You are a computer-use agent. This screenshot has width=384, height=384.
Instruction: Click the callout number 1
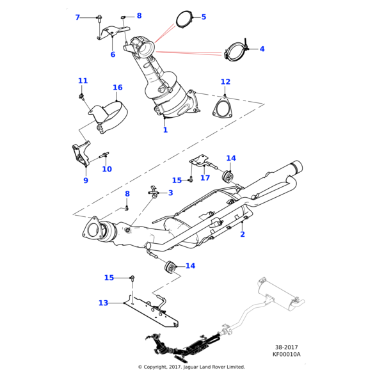165,130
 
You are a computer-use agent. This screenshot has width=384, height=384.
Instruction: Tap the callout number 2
243,235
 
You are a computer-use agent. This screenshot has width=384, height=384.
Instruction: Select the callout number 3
171,193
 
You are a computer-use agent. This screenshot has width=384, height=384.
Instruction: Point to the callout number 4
262,49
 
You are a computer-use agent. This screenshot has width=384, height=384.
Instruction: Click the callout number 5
204,17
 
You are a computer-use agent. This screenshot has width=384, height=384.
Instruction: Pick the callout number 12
225,82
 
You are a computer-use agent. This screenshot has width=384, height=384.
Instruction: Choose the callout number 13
104,303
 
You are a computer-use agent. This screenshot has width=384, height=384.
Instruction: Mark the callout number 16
118,88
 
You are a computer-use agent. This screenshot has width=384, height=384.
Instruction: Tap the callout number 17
205,178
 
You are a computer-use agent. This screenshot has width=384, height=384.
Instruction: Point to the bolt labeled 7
100,18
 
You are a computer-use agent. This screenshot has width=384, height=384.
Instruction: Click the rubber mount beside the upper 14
227,175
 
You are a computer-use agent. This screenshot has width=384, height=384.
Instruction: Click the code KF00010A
286,354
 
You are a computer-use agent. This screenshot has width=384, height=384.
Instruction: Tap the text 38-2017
286,347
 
